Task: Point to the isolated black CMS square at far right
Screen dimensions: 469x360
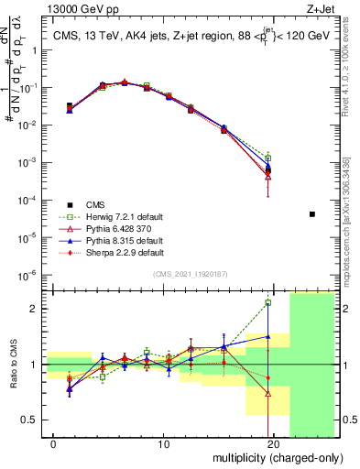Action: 312,214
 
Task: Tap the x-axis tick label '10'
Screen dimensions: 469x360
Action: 163,444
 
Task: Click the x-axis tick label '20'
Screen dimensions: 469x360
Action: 273,444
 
